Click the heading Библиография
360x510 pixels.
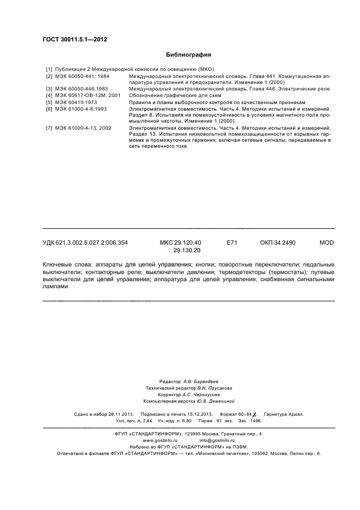(188, 54)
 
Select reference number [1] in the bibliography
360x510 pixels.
(48, 69)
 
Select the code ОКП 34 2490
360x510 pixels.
(278, 242)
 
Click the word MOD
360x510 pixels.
(326, 242)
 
